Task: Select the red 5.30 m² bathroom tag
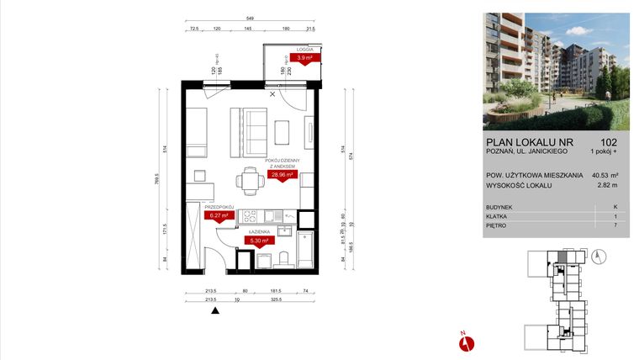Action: coord(258,240)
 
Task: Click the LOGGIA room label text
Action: coord(304,50)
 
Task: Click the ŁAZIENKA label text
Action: coord(257,231)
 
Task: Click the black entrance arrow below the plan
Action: coord(215,310)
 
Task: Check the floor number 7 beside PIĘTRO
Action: coord(615,226)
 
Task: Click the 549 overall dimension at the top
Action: coord(251,19)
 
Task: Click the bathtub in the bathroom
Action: coord(306,249)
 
